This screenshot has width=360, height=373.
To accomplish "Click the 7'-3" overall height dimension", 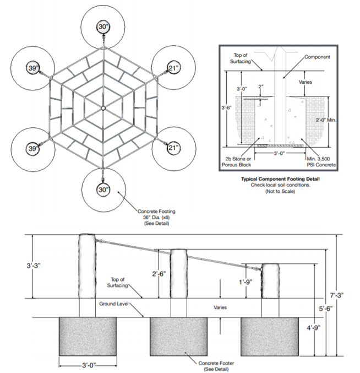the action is point(337,295).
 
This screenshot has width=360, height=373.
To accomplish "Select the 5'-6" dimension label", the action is point(325,309).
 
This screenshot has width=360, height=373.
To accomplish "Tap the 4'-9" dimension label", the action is point(313,328).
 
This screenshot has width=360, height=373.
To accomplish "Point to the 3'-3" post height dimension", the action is point(34,266).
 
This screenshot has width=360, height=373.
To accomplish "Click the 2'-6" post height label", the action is point(159,274).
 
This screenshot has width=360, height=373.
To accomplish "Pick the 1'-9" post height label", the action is point(246,282).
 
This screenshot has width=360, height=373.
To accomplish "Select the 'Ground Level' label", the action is point(114,304).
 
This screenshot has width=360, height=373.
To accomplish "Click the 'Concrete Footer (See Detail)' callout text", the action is point(216,366).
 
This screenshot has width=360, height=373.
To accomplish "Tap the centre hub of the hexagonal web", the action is point(103,108).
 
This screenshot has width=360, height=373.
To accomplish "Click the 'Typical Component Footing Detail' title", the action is point(280,179).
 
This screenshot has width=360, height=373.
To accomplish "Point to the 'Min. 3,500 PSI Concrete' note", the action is point(321,162).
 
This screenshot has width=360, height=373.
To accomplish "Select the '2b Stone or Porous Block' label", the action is point(237,162).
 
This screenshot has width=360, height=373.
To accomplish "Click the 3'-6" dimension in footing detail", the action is point(226,107).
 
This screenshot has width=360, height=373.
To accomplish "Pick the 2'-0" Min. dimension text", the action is point(326,120).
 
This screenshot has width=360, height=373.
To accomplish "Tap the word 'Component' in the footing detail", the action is point(317,57).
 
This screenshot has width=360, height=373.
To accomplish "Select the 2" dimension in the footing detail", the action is point(261,87).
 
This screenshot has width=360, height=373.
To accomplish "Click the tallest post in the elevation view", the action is point(88,266).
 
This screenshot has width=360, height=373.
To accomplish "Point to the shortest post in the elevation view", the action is point(270,280).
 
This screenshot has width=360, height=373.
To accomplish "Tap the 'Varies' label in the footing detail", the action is point(306,82).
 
